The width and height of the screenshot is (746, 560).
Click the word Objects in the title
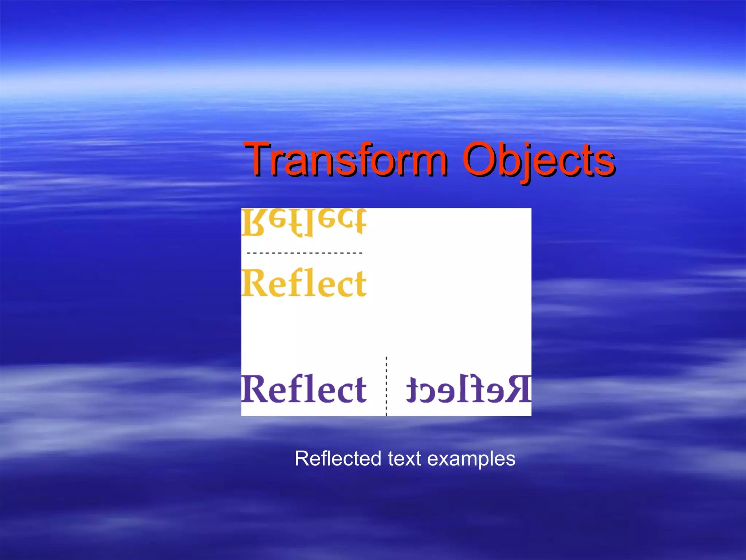point(538,160)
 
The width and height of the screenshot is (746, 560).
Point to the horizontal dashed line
point(305,253)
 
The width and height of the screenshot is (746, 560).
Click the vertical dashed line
point(386,386)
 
